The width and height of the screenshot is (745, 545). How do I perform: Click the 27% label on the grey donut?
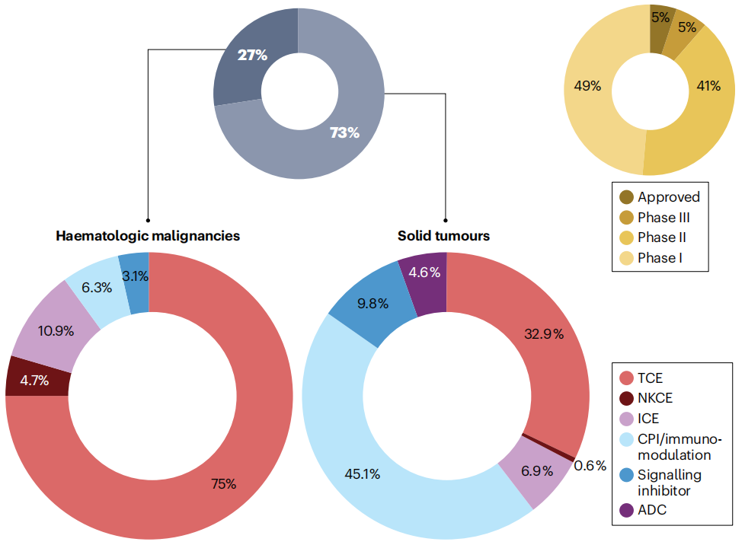[252, 55]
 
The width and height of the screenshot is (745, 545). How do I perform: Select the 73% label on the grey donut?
[344, 132]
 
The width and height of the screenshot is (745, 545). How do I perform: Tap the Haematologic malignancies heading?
[148, 235]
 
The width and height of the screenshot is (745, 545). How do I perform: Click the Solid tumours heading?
[443, 235]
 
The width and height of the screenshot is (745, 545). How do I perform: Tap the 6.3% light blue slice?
[97, 287]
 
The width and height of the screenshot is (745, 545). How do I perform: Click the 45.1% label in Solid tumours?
[362, 474]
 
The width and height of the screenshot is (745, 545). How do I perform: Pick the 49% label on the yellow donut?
[587, 86]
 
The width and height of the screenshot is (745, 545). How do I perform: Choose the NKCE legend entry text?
[655, 397]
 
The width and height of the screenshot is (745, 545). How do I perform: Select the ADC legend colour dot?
[626, 510]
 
